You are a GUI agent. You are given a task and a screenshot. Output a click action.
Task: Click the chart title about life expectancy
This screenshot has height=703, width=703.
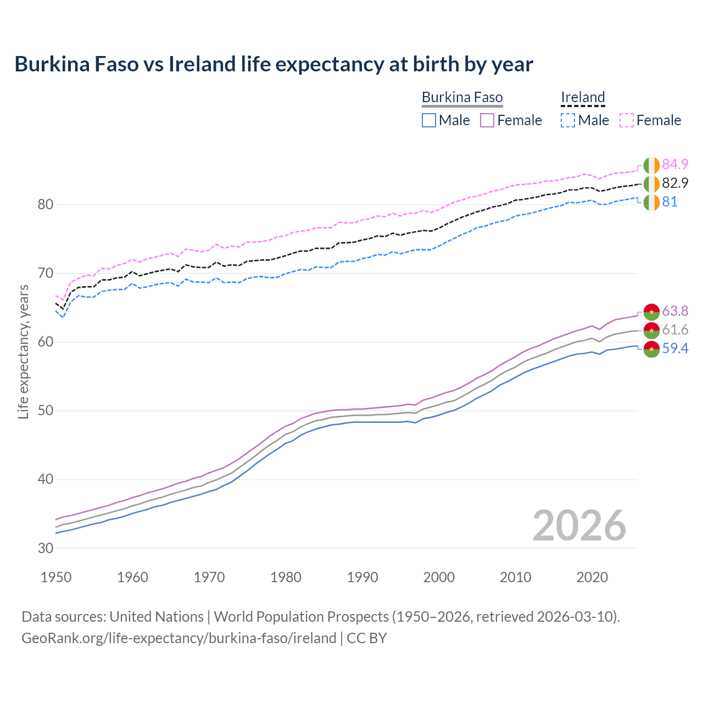(274, 64)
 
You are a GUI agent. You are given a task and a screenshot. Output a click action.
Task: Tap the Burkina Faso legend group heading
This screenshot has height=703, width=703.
(462, 98)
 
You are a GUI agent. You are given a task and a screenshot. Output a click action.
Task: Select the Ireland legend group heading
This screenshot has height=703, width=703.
(583, 98)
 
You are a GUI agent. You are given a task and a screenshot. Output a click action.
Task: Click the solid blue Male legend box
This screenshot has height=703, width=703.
(429, 120)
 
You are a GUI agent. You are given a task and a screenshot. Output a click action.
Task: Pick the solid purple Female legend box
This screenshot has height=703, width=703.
(487, 120)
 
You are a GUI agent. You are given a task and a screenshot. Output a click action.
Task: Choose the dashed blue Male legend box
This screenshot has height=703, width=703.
(568, 120)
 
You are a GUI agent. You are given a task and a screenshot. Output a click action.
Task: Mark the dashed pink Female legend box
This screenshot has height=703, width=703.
(627, 120)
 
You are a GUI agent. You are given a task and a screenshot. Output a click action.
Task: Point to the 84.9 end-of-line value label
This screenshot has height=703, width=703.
(675, 164)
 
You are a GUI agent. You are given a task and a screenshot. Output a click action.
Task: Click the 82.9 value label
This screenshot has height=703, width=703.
(675, 183)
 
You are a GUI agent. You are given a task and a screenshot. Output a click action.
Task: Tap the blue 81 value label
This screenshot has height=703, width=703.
(669, 202)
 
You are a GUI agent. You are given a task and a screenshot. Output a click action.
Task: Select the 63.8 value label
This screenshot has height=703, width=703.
(675, 311)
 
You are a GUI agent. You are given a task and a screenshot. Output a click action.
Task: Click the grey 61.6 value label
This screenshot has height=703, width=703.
(675, 330)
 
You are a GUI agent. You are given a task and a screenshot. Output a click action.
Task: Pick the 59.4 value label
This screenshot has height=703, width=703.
(675, 348)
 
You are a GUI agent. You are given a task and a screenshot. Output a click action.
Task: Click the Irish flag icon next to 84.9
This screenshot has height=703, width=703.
(651, 165)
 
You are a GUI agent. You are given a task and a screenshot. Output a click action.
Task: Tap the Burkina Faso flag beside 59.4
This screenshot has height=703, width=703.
(651, 349)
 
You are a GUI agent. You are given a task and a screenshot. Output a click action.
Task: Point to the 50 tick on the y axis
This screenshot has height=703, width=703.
(46, 411)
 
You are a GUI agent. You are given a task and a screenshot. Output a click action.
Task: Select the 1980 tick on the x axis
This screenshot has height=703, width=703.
(286, 577)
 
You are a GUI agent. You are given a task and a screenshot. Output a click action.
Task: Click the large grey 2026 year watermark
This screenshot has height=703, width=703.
(579, 526)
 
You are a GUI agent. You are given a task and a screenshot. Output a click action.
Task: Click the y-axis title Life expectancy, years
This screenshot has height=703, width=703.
(24, 351)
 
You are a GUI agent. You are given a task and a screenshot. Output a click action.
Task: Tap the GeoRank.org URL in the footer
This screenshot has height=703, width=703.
(178, 638)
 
